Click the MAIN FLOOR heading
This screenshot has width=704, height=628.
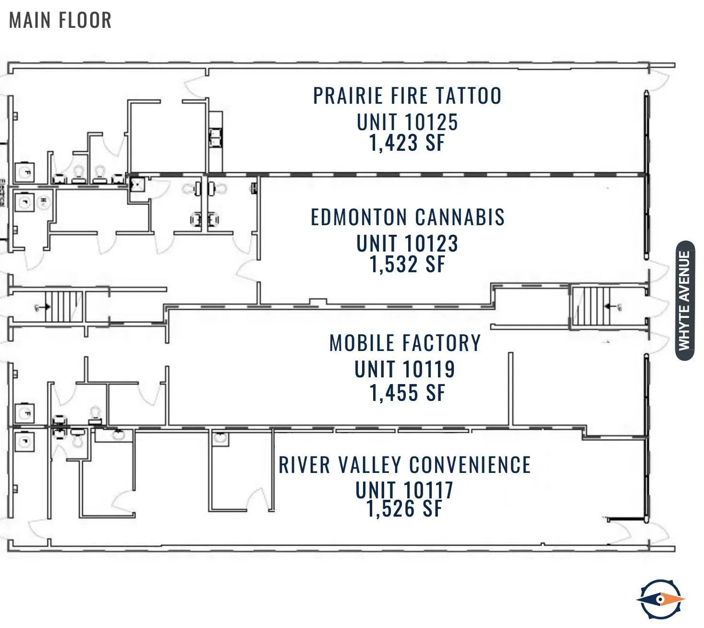[61, 20]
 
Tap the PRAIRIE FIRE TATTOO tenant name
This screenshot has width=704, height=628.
[407, 96]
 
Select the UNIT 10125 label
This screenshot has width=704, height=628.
[407, 122]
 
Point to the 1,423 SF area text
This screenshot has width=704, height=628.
[407, 143]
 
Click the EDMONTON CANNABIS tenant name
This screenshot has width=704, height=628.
[408, 217]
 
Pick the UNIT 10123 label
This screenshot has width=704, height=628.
[407, 243]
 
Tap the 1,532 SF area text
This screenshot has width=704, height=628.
[407, 264]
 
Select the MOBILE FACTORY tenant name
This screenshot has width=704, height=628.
[405, 343]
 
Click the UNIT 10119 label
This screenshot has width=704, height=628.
[405, 369]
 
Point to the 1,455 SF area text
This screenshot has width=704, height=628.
[407, 393]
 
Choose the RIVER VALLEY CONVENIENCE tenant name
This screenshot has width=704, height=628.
[405, 465]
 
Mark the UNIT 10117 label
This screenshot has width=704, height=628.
[404, 490]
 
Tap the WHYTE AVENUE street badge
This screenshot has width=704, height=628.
[685, 301]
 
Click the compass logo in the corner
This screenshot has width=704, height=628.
[661, 599]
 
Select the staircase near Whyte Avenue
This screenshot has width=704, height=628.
[590, 306]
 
